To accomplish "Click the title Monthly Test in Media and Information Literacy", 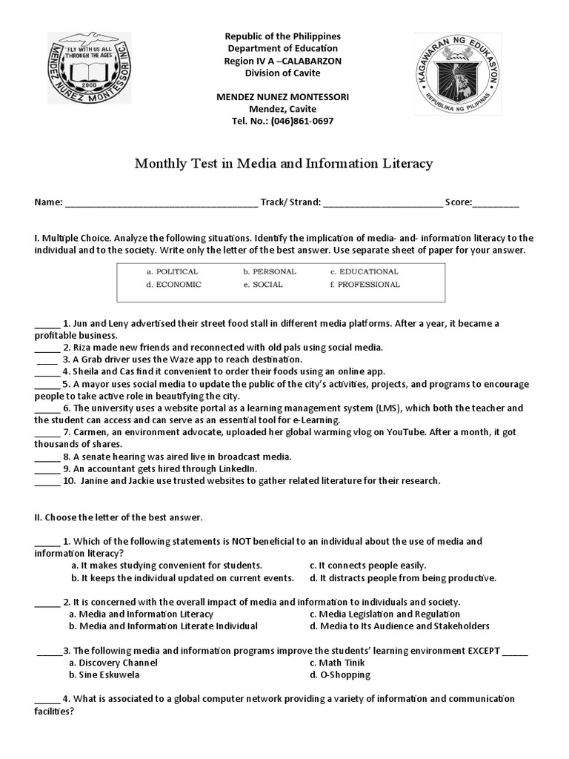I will [284, 163].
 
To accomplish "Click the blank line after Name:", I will [162, 203].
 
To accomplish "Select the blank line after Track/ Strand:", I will [383, 203].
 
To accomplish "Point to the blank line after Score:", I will [496, 203].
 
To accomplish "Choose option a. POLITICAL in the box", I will [172, 272].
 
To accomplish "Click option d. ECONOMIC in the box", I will [173, 285].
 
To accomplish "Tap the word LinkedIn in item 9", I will [237, 468].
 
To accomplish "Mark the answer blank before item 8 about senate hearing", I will [47, 457].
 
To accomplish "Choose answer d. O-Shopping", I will [340, 675].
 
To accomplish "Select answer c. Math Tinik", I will [337, 663].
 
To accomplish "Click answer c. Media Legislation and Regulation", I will [385, 614].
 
